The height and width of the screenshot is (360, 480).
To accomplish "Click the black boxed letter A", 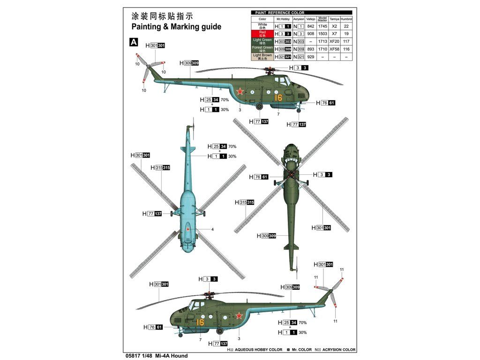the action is click(134, 42).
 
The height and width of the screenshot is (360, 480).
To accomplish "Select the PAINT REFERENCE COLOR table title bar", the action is click(302, 13).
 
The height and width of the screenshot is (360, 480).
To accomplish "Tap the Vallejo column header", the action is click(310, 20).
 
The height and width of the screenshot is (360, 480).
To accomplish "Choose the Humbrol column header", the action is click(346, 20).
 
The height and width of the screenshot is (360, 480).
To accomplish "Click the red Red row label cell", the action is click(262, 34).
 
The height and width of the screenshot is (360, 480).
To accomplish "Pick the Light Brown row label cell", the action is click(262, 56).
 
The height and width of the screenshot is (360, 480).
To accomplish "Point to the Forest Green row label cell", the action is click(262, 49).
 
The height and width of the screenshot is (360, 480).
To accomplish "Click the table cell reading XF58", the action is click(334, 49).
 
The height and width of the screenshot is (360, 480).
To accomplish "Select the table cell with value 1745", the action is click(322, 27).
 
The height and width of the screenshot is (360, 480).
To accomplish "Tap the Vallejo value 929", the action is click(310, 57).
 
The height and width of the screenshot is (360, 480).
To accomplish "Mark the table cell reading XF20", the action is click(334, 42).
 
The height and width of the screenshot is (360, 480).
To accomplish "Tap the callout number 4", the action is click(212, 229).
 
